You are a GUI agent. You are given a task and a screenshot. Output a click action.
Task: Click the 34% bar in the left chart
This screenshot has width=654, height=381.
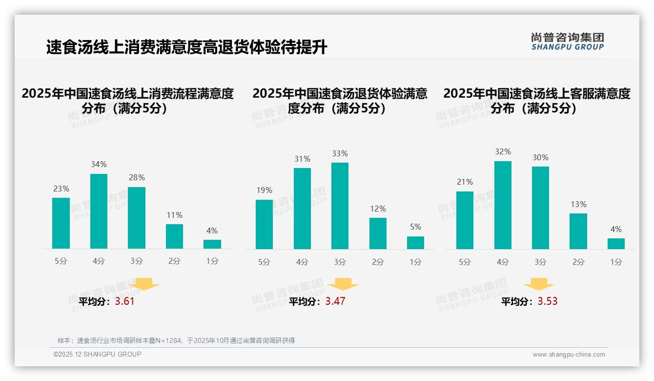click(99, 211)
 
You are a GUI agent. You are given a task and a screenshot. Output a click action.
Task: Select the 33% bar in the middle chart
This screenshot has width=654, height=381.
click(340, 206)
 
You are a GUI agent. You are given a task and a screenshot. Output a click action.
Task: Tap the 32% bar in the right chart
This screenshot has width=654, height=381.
click(503, 205)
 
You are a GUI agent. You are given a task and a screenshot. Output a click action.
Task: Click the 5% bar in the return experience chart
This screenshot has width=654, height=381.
click(415, 243)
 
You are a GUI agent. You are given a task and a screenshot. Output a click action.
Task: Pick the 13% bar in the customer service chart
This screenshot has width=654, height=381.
click(578, 231)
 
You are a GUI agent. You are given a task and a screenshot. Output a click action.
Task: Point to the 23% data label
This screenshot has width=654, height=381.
click(61, 189)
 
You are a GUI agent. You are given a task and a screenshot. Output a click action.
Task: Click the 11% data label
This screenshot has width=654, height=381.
click(174, 215)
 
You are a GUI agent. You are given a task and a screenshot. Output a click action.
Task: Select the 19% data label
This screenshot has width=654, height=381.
click(264, 190)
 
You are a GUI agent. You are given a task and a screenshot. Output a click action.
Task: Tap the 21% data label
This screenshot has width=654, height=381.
click(465, 182)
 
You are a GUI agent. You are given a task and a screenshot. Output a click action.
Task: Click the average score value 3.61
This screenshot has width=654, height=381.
click(124, 301)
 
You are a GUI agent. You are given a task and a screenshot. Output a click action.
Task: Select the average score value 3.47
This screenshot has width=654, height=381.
click(335, 301)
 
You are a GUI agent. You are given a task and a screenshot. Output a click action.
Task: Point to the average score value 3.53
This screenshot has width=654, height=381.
click(548, 301)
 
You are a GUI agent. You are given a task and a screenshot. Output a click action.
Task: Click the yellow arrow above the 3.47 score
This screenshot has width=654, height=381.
click(343, 284)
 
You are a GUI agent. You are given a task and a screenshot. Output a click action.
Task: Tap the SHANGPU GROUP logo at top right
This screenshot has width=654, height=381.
click(567, 42)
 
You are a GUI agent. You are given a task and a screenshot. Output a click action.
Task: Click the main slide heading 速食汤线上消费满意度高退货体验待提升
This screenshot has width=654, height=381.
click(186, 47)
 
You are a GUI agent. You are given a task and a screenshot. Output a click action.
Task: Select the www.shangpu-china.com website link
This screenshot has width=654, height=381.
click(569, 355)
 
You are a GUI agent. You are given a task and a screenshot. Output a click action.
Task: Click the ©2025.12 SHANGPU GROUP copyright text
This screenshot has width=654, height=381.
click(98, 354)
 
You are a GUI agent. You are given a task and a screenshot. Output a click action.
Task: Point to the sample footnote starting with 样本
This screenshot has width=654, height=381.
click(176, 340)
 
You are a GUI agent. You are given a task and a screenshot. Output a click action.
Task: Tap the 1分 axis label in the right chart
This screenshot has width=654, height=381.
click(616, 262)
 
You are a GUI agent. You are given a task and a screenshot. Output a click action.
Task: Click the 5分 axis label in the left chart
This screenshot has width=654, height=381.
click(61, 261)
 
